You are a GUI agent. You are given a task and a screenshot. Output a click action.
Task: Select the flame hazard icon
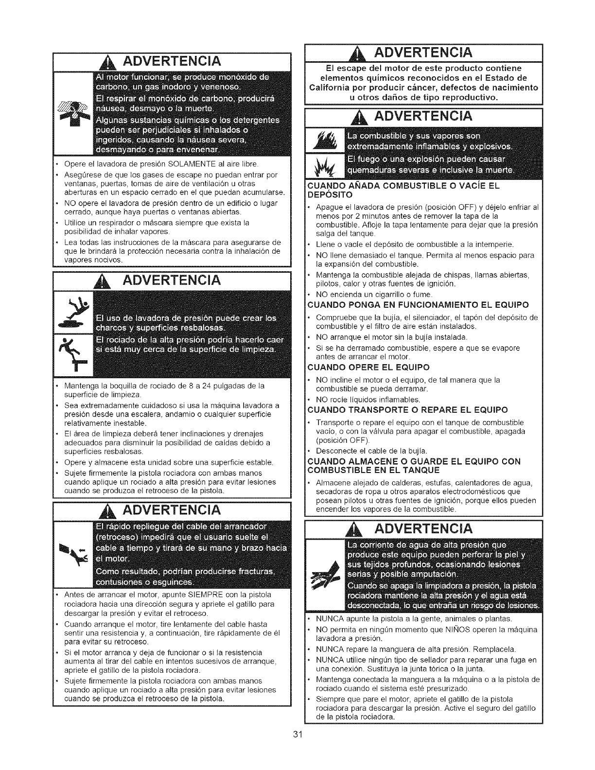(323, 140)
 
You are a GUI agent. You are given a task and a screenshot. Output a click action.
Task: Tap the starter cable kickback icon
(73, 548)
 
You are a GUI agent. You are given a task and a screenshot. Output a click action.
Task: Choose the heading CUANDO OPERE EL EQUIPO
(369, 367)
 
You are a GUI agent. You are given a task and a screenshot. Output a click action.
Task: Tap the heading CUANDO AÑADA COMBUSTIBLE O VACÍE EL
(404, 185)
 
